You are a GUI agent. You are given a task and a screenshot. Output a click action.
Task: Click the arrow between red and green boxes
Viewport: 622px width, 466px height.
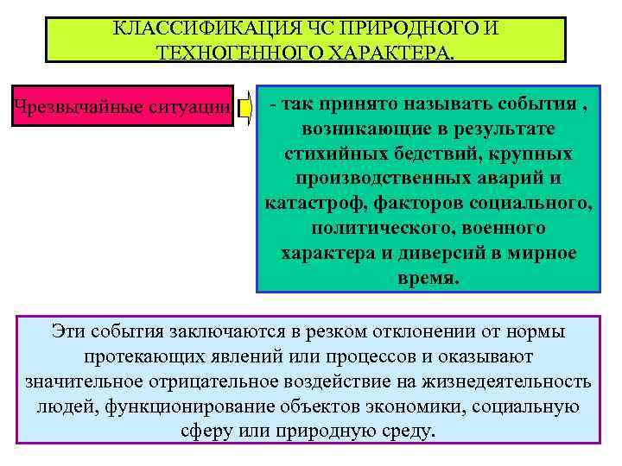[244, 106]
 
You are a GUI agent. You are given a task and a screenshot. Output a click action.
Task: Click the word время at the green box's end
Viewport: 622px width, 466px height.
[428, 280]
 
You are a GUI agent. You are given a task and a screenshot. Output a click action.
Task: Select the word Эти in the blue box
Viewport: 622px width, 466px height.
[67, 331]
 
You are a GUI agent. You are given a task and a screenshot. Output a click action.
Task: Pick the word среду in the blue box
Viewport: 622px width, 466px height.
[404, 431]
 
